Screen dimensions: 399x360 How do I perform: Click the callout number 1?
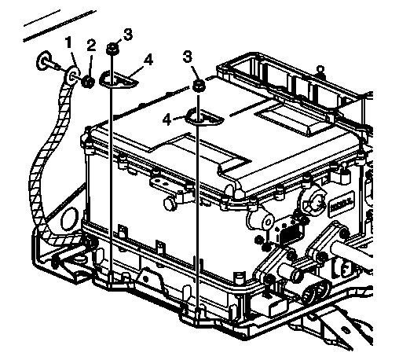(68, 42)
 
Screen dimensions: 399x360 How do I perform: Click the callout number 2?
(91, 46)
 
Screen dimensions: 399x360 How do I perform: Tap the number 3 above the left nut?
(128, 35)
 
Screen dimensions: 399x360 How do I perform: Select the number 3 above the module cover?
(187, 57)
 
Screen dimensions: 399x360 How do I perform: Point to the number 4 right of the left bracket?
(148, 60)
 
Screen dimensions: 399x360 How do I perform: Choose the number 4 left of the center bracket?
(167, 120)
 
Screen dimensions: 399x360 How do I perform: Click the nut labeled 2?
(88, 82)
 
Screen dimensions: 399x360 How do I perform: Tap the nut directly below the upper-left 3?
(112, 49)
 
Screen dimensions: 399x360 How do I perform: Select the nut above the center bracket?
(199, 86)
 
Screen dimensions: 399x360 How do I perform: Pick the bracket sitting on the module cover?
(204, 118)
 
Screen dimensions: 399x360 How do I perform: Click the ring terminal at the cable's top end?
(72, 76)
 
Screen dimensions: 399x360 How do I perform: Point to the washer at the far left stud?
(43, 61)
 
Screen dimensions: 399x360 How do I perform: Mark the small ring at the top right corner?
(320, 69)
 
